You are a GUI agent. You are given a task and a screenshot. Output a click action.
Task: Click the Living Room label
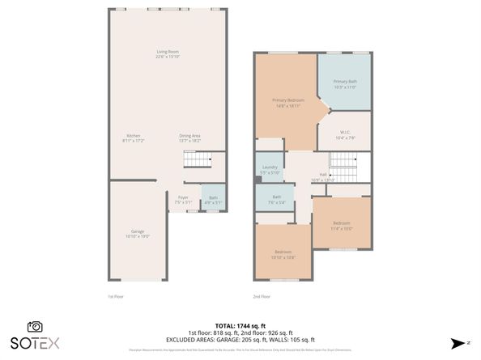tap(168, 54)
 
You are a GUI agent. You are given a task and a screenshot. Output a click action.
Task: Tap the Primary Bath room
tap(345, 83)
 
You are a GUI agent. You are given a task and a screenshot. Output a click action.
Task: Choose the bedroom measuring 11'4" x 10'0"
tap(342, 224)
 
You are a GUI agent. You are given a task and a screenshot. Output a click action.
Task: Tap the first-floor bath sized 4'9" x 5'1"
tap(213, 199)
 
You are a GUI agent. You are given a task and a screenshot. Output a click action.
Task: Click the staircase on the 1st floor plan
tap(195, 159)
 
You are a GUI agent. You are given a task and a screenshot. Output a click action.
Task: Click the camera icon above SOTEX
tap(35, 326)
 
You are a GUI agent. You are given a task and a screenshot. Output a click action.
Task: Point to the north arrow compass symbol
tap(458, 342)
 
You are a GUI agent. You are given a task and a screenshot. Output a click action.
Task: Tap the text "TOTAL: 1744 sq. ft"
tap(240, 325)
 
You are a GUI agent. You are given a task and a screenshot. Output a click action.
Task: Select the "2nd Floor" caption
tap(262, 296)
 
